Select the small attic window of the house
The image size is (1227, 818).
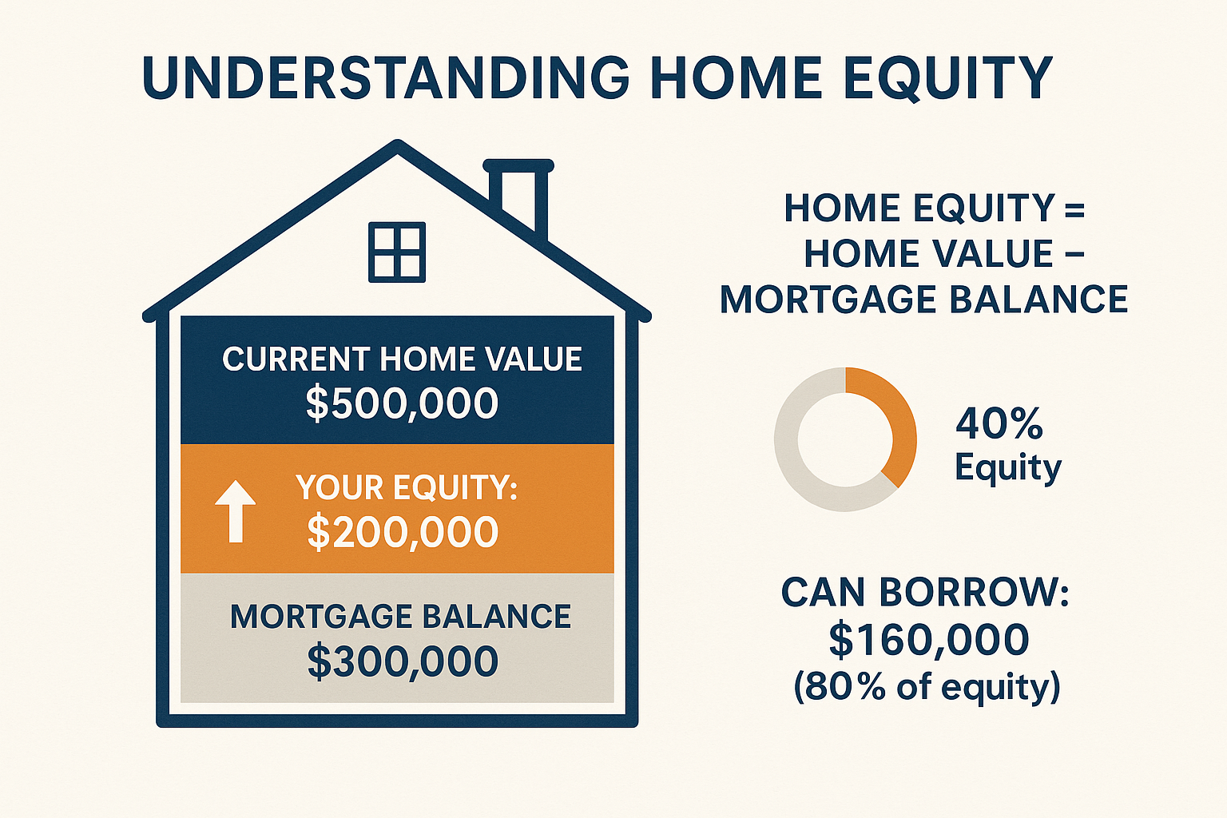[x=397, y=252]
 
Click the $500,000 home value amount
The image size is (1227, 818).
[x=402, y=403]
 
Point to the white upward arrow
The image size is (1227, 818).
[x=236, y=511]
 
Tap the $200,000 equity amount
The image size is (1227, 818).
[x=403, y=532]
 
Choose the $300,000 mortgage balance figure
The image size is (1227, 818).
[x=403, y=661]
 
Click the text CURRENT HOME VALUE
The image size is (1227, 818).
[x=402, y=359]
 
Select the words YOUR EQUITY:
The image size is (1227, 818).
[x=407, y=487]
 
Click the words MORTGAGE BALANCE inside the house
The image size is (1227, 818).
[x=400, y=617]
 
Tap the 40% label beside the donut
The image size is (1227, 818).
[x=999, y=423]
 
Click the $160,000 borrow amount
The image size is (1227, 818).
[x=928, y=640]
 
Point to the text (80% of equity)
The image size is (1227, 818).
[x=927, y=686]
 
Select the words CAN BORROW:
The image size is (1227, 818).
[x=924, y=593]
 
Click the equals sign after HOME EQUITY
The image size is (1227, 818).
[x=1074, y=209]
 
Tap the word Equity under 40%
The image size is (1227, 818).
[x=1007, y=468]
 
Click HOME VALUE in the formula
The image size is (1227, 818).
[x=928, y=254]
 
